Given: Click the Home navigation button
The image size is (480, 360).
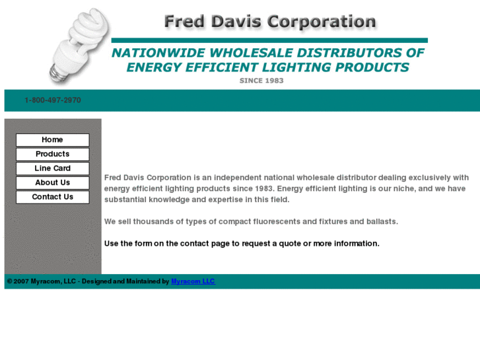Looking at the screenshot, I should (x=52, y=140).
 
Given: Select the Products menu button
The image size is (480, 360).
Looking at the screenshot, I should (x=52, y=154).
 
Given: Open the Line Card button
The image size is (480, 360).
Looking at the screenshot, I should (x=52, y=168).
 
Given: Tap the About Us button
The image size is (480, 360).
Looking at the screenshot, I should (x=52, y=183).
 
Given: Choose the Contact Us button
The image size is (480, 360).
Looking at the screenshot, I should (x=52, y=197).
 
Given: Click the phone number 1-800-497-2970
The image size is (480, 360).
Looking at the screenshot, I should (x=53, y=100).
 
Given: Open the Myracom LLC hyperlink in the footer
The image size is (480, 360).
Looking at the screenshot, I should (x=193, y=281).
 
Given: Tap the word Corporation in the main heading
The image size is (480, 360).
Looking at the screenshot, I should (x=322, y=22).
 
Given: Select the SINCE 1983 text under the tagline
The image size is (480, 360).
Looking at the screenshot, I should (x=261, y=81).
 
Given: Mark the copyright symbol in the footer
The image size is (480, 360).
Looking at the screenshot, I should (x=9, y=281).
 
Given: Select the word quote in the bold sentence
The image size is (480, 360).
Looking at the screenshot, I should (x=289, y=244).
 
